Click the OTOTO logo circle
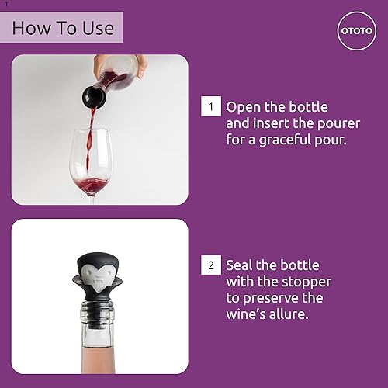pyautogui.click(x=356, y=30)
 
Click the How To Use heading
pyautogui.click(x=63, y=29)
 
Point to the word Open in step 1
pyautogui.click(x=243, y=106)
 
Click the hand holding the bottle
pyautogui.click(x=109, y=64)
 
